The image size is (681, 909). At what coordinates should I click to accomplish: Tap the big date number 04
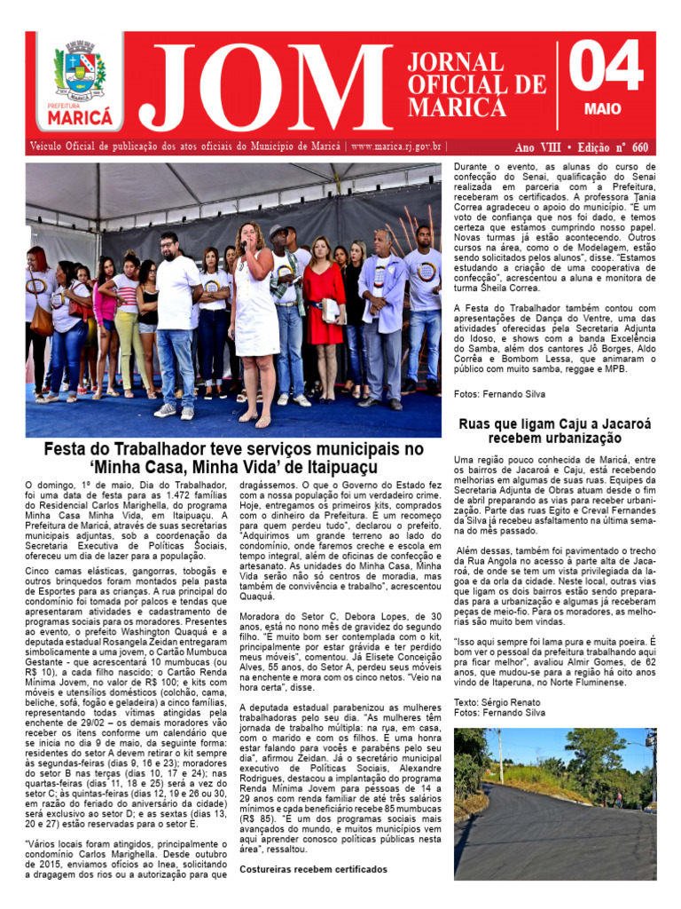point(606,68)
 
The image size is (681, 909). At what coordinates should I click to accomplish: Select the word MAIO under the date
point(603,109)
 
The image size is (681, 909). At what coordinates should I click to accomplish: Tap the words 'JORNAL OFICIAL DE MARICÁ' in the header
point(475,85)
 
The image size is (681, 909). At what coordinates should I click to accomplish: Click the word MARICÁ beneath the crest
point(80,116)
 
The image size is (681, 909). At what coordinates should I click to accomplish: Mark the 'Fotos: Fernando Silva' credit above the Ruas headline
point(499,393)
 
